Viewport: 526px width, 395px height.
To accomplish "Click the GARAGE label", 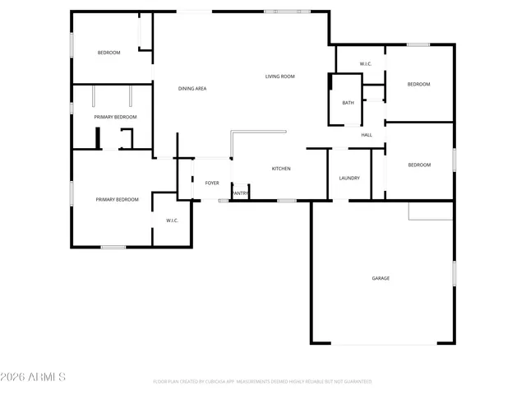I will tap(381, 278).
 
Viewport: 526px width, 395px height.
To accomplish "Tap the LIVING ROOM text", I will tap(279, 77).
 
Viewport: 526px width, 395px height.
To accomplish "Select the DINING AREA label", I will tap(192, 88).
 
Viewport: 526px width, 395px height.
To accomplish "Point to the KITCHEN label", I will tap(281, 169).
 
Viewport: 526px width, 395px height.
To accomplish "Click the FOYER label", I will tap(212, 183).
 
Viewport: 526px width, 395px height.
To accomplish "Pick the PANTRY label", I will tap(240, 194).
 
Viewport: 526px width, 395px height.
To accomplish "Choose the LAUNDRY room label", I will tap(349, 178).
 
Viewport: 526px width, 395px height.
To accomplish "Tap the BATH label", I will tap(348, 103).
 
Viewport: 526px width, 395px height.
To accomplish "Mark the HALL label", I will tap(367, 135).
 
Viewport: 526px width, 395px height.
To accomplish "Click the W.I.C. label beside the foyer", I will tap(173, 220).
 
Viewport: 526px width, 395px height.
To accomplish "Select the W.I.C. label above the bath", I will tap(366, 64).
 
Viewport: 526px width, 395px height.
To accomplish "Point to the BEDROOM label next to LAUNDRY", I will tap(419, 165).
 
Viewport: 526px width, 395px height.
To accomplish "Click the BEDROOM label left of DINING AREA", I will tap(109, 53).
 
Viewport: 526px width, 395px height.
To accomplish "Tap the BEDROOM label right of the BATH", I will tap(419, 84).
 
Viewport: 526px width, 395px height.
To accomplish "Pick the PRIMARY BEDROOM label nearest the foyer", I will tap(117, 199).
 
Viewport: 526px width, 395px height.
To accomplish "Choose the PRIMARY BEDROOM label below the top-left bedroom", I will tap(115, 117).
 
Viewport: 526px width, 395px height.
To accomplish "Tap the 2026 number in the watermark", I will tap(15, 377).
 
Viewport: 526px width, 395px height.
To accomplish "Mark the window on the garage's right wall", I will tap(454, 273).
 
